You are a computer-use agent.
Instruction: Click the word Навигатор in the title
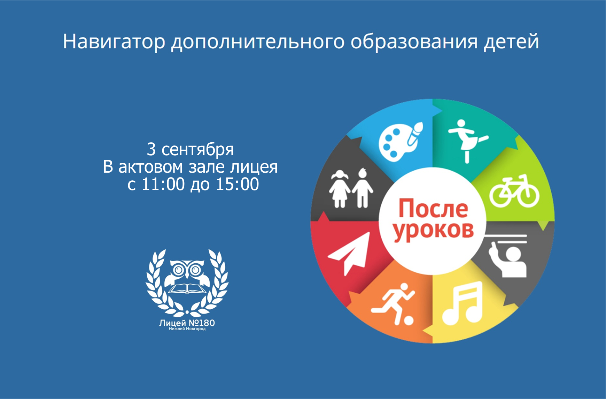(114, 42)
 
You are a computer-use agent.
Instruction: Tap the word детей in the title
(511, 42)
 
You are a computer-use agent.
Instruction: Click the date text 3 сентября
(190, 150)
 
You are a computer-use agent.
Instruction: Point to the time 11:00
(163, 184)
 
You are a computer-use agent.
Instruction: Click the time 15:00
(238, 184)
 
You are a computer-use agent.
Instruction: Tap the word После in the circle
(433, 208)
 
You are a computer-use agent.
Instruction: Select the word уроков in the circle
(434, 230)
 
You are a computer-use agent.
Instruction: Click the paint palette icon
(401, 142)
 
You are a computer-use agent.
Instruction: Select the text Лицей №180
(187, 323)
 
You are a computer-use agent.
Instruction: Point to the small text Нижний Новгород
(187, 329)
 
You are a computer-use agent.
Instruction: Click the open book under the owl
(187, 288)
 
